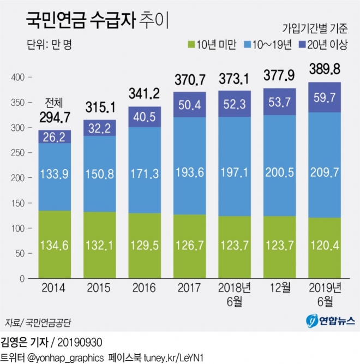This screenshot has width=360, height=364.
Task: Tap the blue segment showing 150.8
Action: click(100, 178)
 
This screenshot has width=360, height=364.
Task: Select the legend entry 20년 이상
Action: click(326, 46)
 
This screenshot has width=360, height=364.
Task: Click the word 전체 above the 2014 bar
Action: click(55, 103)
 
